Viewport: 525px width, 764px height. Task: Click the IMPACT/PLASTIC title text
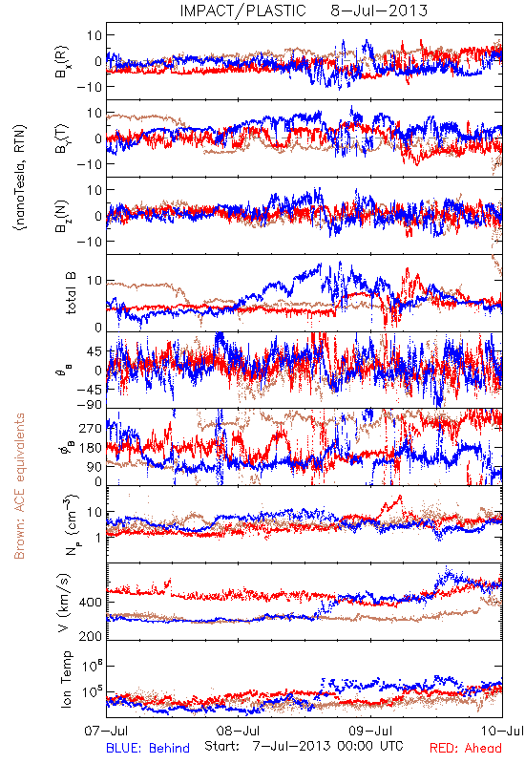coord(242,11)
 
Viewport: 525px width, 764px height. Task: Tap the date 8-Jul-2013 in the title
coord(379,11)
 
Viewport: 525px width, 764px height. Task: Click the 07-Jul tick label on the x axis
coord(106,731)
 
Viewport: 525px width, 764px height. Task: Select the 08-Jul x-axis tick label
coord(238,731)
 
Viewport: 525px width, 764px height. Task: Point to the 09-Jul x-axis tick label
coord(370,731)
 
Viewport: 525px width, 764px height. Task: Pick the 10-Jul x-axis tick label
coord(502,731)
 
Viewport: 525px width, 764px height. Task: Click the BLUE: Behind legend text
coord(148,748)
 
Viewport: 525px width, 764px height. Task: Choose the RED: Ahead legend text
coord(465,748)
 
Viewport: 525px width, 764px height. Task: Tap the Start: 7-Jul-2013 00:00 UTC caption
coord(304,746)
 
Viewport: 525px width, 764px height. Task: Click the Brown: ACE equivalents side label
coord(19,486)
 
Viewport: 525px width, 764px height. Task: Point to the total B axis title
coord(71,293)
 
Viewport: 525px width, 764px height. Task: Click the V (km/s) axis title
coord(64,603)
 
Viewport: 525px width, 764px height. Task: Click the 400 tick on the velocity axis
coord(91,603)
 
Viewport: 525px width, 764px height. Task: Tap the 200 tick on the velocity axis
coord(91,636)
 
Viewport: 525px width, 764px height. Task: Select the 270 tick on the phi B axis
coord(91,428)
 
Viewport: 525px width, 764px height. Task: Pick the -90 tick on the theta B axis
coord(89,404)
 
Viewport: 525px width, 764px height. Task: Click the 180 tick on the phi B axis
coord(91,448)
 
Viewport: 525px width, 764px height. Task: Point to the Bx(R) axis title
coord(62,61)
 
